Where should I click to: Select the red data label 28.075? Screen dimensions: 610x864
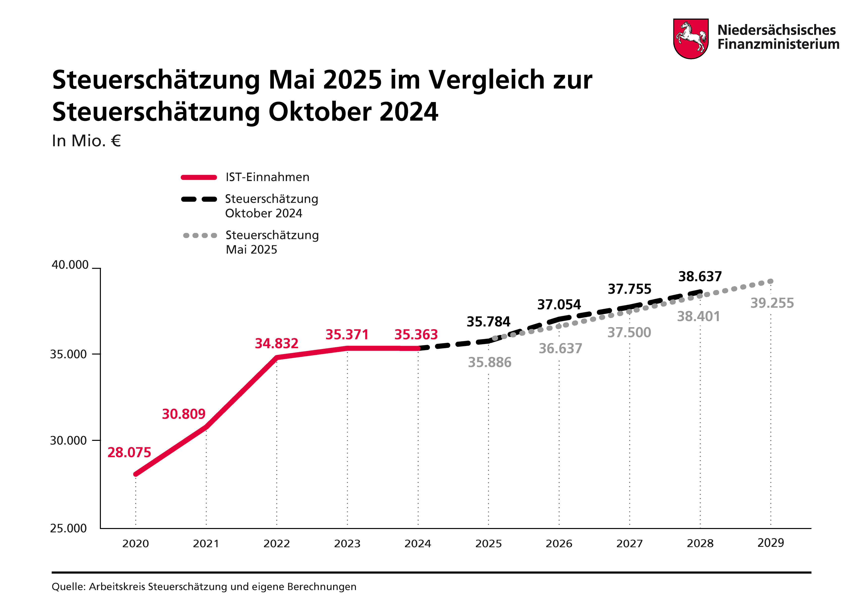coord(129,452)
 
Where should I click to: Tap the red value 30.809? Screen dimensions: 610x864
coord(184,414)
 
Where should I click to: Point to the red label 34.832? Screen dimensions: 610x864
coord(277,343)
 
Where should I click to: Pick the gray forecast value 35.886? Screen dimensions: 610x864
coord(490,363)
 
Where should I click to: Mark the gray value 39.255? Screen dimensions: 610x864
coord(772,303)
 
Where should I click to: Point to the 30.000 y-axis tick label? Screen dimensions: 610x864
coord(68,440)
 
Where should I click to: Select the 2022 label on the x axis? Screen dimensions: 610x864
coord(277,544)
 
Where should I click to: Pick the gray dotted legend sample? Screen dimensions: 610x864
coord(200,236)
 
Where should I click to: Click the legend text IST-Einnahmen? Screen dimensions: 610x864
coord(267,177)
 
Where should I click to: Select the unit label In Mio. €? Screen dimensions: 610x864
coord(86,141)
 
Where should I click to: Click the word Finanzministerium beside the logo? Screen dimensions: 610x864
coord(778,44)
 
